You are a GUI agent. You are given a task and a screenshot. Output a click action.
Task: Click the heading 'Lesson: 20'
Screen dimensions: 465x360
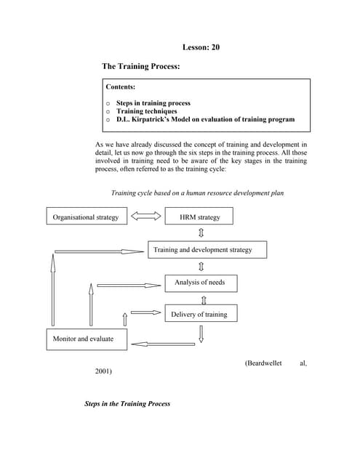(x=200, y=47)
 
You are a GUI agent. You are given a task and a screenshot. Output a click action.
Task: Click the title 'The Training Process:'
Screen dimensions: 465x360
(x=140, y=66)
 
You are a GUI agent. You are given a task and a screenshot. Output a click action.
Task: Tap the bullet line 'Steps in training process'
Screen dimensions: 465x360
(x=153, y=103)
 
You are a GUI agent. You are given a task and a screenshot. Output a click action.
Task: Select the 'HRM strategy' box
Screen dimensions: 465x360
(x=199, y=217)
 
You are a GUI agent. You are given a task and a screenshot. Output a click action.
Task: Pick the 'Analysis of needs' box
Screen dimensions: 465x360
(x=200, y=282)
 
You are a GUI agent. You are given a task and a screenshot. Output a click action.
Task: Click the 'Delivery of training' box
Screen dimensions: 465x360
(x=199, y=314)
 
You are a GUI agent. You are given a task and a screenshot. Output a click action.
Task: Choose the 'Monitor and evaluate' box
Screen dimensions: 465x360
(x=83, y=339)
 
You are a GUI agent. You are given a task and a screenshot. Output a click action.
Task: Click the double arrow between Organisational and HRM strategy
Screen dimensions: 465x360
(x=145, y=217)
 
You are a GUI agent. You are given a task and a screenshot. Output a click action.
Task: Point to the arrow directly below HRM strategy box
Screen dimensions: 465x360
(x=201, y=232)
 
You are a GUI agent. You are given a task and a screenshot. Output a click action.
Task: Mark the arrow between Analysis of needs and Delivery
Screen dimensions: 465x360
(x=203, y=299)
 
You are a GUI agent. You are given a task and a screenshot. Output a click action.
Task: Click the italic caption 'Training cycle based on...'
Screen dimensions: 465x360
(x=197, y=193)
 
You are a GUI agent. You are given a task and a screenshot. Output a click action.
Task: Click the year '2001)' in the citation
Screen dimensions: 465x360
(x=104, y=371)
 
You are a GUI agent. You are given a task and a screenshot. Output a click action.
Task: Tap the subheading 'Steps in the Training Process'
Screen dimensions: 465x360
(x=127, y=403)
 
